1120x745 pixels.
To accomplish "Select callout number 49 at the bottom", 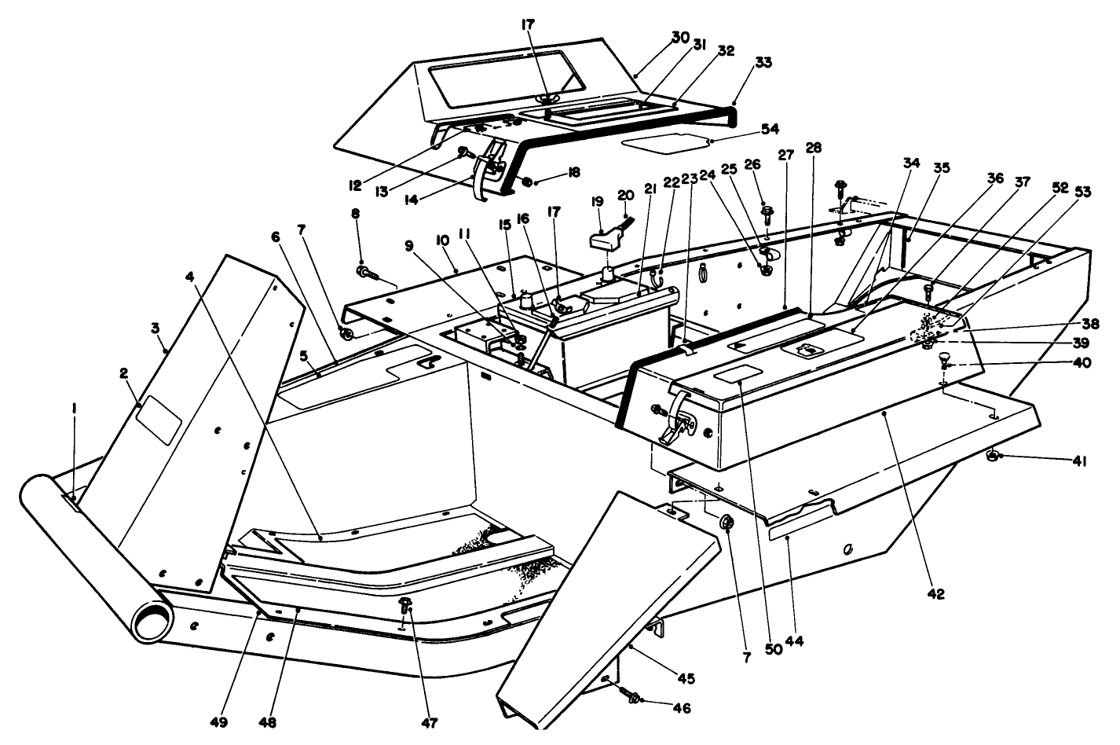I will (x=240, y=721).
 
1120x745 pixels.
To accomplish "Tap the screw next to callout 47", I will (x=406, y=606).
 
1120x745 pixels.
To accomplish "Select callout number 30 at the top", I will (x=680, y=36).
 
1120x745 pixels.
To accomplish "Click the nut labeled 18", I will (x=527, y=182).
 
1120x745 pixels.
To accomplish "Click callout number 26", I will (x=753, y=164).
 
